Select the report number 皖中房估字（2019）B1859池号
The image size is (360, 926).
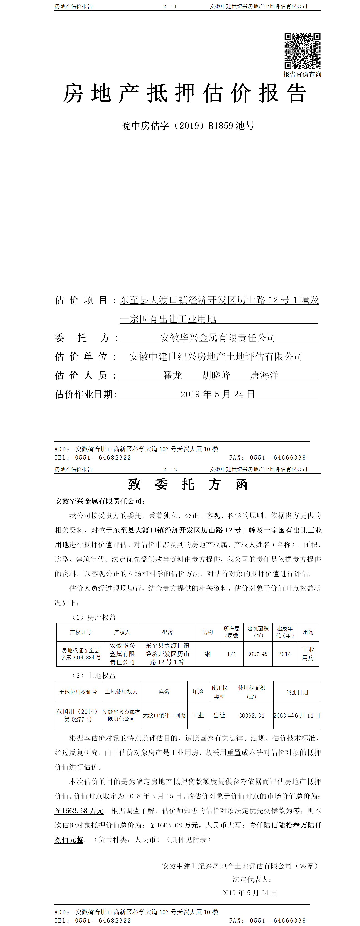coord(188,126)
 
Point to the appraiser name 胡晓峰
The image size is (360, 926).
coord(216,375)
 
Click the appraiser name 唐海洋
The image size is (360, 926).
coord(264,375)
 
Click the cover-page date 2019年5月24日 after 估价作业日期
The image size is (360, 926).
coord(217,394)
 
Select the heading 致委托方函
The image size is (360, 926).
coord(188,484)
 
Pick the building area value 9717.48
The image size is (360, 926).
coord(258,654)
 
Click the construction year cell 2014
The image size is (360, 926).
coord(284,654)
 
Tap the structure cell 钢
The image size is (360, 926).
coord(207,654)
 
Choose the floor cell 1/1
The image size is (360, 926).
coord(231,654)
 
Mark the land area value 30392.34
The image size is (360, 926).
coord(252,715)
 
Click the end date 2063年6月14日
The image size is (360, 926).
coord(297,715)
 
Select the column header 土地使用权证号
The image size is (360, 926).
coord(78,692)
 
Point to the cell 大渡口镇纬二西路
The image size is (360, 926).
coord(164,715)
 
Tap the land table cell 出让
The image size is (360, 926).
coord(219,715)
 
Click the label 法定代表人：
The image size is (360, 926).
coord(252,879)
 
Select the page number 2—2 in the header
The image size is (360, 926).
coord(170,469)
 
